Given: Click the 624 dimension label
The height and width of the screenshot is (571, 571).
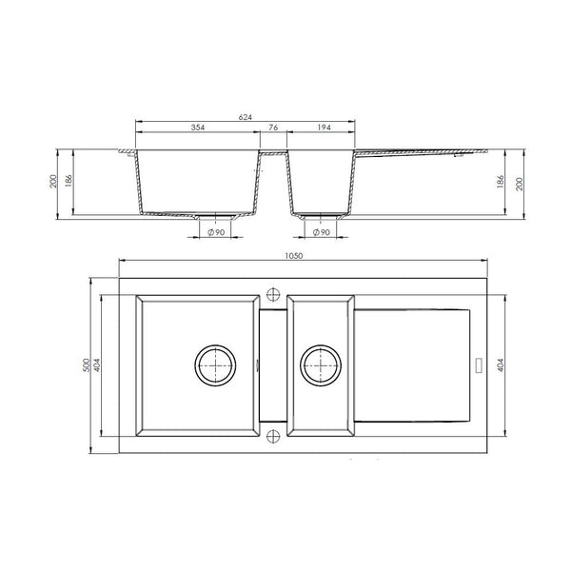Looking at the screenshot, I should point(245,117).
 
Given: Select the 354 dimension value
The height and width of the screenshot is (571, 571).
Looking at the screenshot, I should point(197,128).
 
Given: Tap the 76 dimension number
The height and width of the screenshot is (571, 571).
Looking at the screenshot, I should point(273,128).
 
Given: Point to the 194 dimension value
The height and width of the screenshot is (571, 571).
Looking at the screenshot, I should point(323,128).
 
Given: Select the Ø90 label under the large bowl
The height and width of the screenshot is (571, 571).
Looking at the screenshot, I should point(216,232).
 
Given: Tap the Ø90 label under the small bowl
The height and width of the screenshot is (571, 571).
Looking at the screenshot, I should point(322,232).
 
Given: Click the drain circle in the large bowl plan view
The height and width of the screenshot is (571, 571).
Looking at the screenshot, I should point(217,364).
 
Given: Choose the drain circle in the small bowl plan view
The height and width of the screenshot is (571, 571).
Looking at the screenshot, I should point(321,364).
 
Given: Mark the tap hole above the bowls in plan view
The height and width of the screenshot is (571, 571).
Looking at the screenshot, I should point(274,292).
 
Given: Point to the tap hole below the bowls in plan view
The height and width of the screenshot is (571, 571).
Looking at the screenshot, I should point(274,437).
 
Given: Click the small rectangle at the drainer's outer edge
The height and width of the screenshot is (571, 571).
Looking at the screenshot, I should point(478,364).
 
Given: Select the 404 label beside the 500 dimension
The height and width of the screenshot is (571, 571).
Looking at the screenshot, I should point(99,364).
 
